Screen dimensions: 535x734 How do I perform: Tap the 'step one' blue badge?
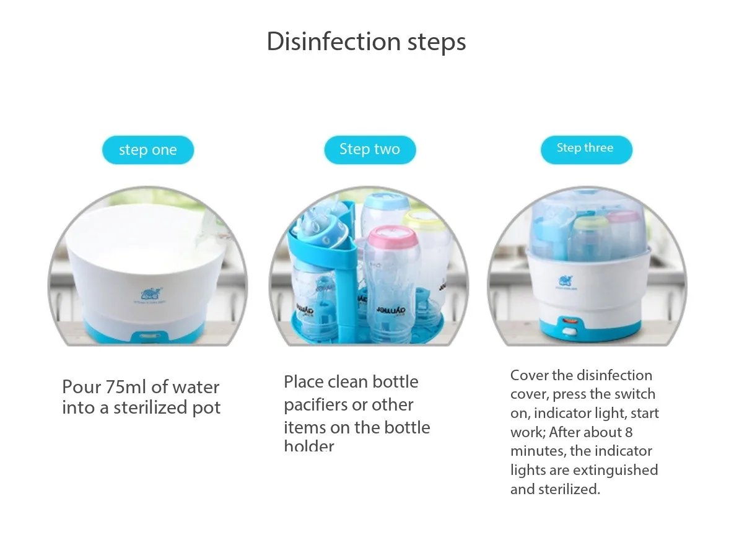point(147,150)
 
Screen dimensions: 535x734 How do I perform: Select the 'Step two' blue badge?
point(370,149)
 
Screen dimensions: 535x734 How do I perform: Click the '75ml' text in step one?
point(126,387)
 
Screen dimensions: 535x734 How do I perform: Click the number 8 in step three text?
point(629,432)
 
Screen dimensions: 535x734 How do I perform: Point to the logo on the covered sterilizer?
point(567,281)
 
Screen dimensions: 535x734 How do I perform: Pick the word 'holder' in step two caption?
point(309,446)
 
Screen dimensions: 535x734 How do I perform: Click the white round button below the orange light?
point(566,334)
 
